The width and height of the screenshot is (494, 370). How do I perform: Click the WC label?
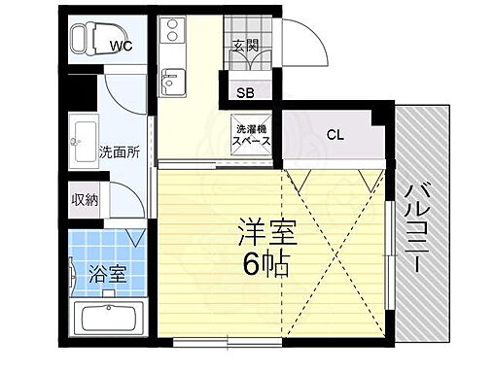click(121, 45)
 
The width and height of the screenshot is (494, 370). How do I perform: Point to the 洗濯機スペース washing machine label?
click(249, 134)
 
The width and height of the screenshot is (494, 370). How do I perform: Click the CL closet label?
click(335, 134)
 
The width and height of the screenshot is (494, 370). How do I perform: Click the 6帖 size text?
click(265, 264)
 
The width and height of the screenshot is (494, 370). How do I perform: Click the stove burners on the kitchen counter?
click(173, 30)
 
